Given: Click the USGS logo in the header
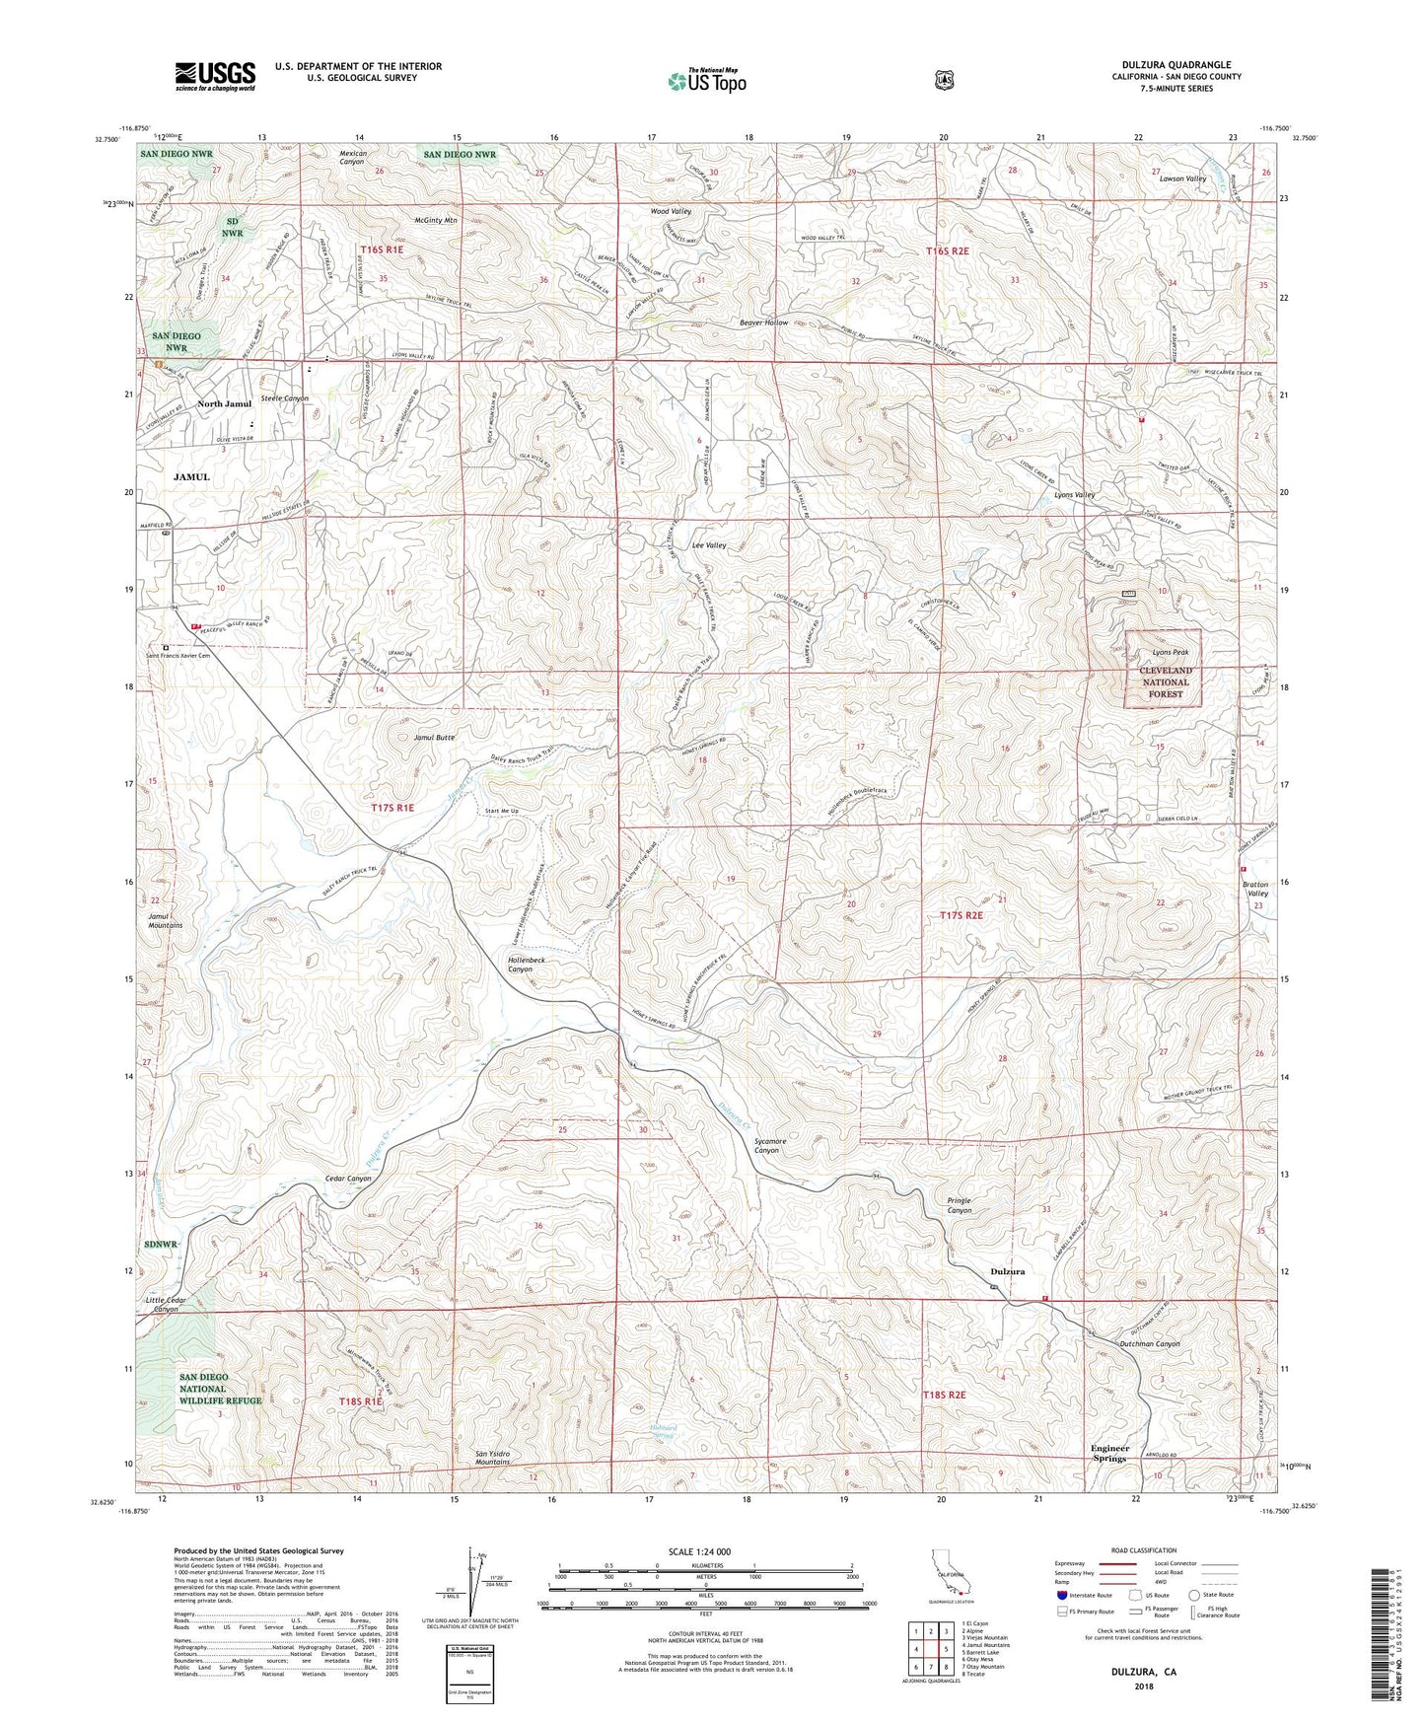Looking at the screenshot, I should click(215, 76).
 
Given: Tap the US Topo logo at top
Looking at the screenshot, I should click(704, 81).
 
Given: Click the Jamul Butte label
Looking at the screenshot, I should click(433, 737).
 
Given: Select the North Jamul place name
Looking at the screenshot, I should click(224, 404).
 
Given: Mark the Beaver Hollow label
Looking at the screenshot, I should click(764, 323).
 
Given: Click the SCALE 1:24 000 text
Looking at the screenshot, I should click(703, 1552).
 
